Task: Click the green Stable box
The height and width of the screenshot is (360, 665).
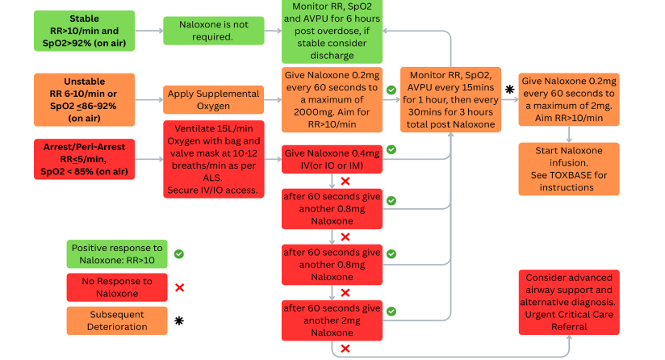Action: [x=85, y=31]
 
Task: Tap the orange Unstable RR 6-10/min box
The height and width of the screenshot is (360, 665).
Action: [x=85, y=99]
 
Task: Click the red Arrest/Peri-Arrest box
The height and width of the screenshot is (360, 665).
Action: [x=85, y=159]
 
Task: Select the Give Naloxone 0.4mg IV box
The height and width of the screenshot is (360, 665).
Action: [x=331, y=160]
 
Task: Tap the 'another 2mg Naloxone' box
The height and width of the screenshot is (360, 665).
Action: [x=331, y=320]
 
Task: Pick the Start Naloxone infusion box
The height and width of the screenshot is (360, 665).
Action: [x=569, y=170]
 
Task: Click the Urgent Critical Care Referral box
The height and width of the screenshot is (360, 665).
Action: [x=569, y=301]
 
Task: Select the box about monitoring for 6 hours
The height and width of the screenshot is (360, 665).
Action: [x=331, y=31]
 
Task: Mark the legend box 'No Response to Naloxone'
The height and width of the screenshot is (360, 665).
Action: [x=116, y=287]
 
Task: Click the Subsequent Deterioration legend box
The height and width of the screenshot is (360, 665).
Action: [x=116, y=320]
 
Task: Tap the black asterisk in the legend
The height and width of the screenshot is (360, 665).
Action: [x=179, y=321]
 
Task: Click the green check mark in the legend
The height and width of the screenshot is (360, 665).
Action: [x=179, y=253]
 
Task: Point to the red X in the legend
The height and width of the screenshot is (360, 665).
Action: [x=179, y=287]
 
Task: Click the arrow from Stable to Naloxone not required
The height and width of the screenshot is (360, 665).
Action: [x=149, y=31]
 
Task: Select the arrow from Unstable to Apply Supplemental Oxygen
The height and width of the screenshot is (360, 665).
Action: [x=149, y=99]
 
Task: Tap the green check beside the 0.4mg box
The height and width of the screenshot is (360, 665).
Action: [x=391, y=150]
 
